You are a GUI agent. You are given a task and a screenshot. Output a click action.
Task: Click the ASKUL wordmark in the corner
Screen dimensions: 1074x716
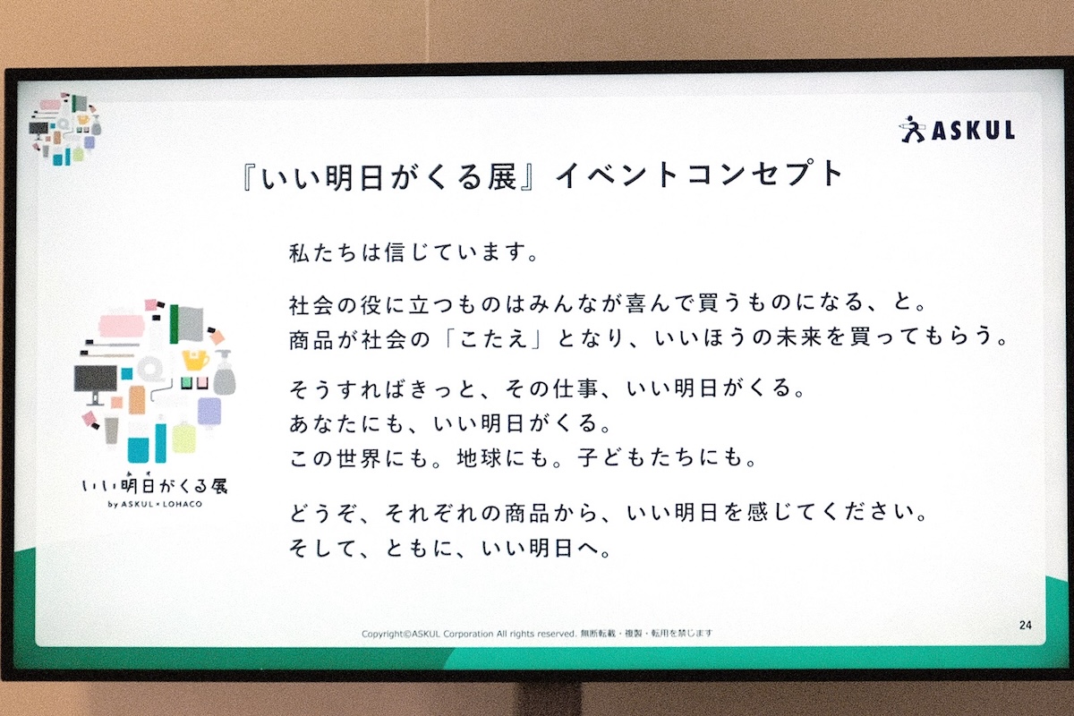click(x=974, y=131)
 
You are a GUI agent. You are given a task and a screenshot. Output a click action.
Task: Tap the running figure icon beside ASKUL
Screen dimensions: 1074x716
click(x=912, y=130)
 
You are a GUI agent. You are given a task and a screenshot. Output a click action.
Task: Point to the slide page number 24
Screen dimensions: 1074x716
click(x=1025, y=625)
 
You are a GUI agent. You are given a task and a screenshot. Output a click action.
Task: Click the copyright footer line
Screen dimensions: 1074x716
click(x=537, y=634)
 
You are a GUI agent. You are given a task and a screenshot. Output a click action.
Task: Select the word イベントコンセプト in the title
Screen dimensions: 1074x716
click(x=699, y=175)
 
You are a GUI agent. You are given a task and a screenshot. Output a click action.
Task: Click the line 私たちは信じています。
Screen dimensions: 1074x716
click(x=414, y=252)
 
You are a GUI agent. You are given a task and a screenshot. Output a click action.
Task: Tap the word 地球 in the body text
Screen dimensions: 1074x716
click(x=480, y=458)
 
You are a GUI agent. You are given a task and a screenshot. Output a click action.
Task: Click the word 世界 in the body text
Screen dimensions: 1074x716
click(x=359, y=458)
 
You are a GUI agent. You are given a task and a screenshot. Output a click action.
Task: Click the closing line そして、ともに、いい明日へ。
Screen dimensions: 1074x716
click(x=451, y=548)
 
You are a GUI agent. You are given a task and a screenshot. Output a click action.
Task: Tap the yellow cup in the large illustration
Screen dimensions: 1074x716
click(x=195, y=360)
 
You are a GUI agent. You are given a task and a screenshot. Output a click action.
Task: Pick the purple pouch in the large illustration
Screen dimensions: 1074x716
click(x=209, y=412)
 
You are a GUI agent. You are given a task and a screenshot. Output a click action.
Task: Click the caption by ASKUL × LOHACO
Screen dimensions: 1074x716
click(x=155, y=504)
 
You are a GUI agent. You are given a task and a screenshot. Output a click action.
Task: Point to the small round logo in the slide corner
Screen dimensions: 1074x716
click(x=65, y=130)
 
